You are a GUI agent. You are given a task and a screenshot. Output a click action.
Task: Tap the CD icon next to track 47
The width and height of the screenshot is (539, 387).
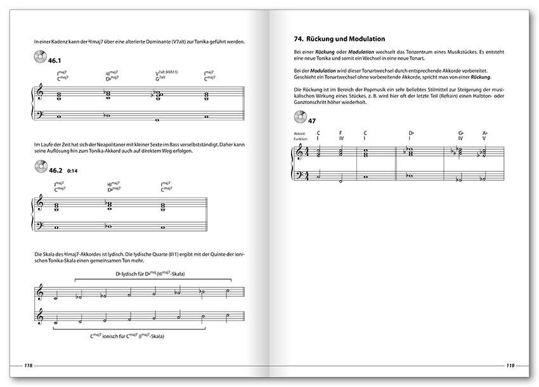coord(299,117)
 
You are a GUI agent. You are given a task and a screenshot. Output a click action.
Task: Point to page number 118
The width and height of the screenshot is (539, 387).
coord(29,365)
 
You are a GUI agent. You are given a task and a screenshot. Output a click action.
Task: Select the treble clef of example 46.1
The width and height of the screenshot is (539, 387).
coord(41,94)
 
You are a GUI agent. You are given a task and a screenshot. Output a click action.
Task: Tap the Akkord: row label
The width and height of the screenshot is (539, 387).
coord(300,133)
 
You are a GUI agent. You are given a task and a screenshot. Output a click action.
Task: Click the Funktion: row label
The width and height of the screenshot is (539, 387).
coord(301,138)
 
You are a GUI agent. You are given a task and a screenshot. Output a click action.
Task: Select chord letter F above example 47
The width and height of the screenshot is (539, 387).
coord(341,133)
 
